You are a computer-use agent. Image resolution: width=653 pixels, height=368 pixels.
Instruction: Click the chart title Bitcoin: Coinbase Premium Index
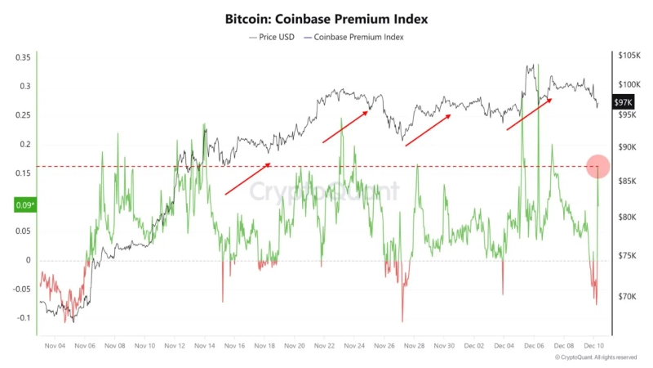pos(326,18)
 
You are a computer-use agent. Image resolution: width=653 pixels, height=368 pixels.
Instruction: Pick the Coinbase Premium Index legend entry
pos(356,37)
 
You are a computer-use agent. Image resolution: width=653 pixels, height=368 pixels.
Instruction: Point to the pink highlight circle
pos(598,166)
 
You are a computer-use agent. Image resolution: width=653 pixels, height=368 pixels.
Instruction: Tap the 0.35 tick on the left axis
pos(23,57)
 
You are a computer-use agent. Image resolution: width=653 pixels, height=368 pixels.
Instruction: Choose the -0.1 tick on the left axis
pos(23,318)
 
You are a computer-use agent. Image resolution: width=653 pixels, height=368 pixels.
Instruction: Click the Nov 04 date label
pos(55,346)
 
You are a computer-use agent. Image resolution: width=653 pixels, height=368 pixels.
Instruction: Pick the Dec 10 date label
pos(594,346)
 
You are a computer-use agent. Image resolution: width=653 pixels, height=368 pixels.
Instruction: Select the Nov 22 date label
pos(325,346)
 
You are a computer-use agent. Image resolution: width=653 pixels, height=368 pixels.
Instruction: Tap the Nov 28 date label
pos(415,346)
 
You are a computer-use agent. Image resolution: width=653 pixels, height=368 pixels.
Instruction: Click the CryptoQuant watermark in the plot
pos(325,192)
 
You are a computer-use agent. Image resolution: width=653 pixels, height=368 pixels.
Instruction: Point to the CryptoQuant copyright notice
pos(595,357)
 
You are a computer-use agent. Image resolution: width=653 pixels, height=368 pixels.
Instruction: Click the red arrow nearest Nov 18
pos(248,178)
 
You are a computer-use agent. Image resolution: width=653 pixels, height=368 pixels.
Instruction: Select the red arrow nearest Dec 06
pos(529,114)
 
